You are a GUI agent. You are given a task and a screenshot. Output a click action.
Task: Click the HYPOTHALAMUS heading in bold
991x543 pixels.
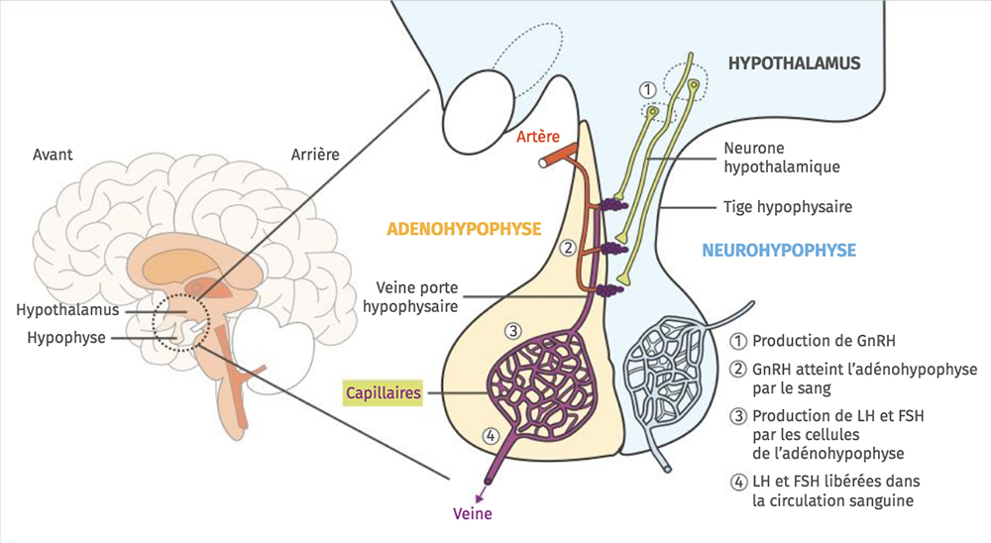point(794,64)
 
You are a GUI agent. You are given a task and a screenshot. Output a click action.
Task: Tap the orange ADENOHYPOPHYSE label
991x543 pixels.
point(464,229)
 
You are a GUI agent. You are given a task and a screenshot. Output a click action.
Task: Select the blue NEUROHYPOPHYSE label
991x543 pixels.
point(779,251)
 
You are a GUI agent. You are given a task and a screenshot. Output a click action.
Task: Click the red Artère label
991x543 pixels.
point(539,136)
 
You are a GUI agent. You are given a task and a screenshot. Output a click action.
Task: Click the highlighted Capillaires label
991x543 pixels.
point(383,392)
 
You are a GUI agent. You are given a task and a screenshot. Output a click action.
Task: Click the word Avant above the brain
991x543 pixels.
point(53,155)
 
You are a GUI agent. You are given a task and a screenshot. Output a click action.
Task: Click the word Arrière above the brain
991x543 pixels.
point(315,155)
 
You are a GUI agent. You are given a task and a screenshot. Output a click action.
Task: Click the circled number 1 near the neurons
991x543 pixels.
point(647,89)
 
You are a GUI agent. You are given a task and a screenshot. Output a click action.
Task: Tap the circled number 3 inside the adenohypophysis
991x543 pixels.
point(512,330)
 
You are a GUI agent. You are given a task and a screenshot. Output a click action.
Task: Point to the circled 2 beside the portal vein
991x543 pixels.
point(567,246)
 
